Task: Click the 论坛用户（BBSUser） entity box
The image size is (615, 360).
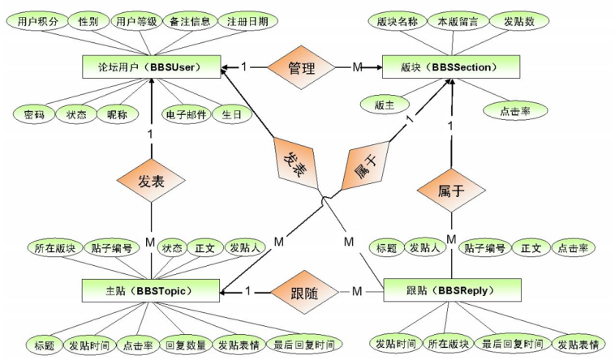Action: [152, 66]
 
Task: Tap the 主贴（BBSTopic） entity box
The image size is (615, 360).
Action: [152, 290]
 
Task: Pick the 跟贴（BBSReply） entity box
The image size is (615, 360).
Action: [451, 290]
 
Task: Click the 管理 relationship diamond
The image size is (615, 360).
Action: [301, 66]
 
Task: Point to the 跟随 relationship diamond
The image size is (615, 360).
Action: [301, 290]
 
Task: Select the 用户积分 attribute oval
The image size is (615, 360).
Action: [38, 22]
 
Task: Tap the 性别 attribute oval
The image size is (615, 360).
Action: [88, 22]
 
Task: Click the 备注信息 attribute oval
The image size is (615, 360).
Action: [190, 22]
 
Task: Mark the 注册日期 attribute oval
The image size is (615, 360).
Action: [247, 22]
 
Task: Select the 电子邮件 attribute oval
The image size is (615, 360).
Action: [186, 114]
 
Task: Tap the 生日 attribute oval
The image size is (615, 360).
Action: [231, 114]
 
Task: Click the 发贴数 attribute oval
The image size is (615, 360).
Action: [519, 22]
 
